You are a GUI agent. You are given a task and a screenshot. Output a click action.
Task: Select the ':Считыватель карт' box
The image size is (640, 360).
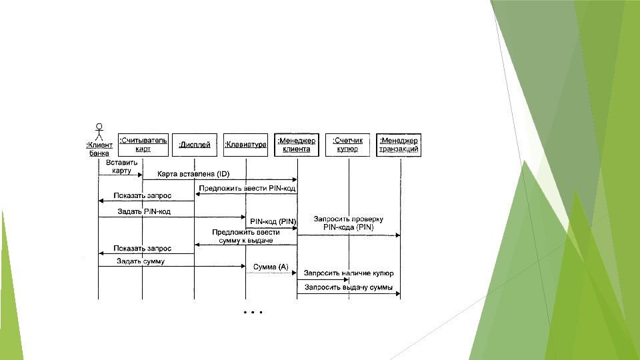click(143, 144)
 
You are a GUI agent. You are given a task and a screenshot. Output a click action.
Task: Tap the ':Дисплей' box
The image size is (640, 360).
click(195, 145)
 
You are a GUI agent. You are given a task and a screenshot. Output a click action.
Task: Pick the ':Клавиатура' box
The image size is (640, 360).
click(245, 145)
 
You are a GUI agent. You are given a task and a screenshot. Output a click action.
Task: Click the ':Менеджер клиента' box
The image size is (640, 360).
click(297, 145)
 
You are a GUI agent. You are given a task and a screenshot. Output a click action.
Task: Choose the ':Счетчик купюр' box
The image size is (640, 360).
click(348, 145)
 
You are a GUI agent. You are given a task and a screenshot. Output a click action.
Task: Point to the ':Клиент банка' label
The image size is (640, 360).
click(99, 148)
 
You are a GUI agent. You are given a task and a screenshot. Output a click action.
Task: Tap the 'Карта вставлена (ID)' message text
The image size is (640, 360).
click(193, 175)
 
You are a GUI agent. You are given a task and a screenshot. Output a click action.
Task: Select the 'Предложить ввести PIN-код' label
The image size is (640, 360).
click(247, 189)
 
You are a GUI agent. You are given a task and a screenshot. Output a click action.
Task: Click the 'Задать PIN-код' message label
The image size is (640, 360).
click(145, 212)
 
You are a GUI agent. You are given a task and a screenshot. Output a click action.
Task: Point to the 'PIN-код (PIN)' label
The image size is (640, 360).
click(273, 221)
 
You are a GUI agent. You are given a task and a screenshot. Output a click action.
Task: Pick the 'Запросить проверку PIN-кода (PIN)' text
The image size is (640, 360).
click(348, 223)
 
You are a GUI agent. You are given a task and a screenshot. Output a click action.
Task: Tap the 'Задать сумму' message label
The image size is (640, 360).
click(140, 261)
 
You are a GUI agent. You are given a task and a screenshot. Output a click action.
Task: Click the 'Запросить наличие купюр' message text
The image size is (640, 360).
click(348, 273)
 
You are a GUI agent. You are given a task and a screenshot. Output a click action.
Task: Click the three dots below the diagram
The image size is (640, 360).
click(254, 312)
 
